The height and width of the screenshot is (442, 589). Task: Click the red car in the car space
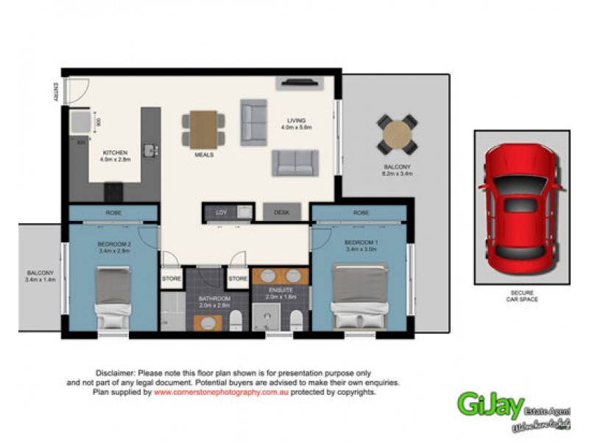pyautogui.click(x=521, y=208)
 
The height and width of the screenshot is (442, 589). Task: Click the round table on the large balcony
pyautogui.click(x=398, y=133)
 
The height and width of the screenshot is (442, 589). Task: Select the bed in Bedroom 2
pyautogui.click(x=114, y=298)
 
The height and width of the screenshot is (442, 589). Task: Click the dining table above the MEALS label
pyautogui.click(x=204, y=128)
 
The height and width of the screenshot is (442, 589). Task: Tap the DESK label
pyautogui.click(x=282, y=212)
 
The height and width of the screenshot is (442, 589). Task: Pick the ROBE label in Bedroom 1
pyautogui.click(x=360, y=212)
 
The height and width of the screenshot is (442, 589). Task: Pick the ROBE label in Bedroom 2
pyautogui.click(x=113, y=212)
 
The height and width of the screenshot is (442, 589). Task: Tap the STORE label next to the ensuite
pyautogui.click(x=237, y=279)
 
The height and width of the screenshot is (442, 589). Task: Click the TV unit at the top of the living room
pyautogui.click(x=297, y=83)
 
